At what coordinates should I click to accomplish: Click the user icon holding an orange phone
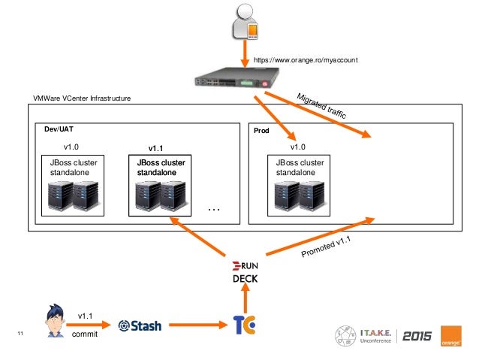[x=245, y=22]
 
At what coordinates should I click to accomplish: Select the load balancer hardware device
[x=237, y=77]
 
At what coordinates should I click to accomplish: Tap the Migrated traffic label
[x=321, y=106]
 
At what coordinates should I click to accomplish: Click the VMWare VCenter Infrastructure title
[x=82, y=98]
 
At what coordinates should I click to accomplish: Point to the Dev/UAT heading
[x=59, y=129]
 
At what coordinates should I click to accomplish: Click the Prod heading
[x=261, y=131]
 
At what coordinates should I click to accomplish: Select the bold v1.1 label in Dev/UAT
[x=155, y=149]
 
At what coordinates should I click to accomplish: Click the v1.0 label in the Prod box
[x=298, y=147]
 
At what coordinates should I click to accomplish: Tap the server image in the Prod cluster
[x=299, y=196]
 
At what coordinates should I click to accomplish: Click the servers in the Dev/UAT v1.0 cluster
[x=74, y=196]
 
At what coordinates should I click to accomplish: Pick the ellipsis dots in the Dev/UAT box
[x=214, y=210]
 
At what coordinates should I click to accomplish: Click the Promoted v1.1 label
[x=326, y=247]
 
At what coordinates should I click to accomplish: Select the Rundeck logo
[x=245, y=272]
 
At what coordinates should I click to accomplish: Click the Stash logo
[x=140, y=325]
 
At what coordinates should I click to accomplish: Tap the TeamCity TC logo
[x=244, y=325]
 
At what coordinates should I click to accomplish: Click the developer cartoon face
[x=56, y=321]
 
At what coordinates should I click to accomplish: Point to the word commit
[x=85, y=334]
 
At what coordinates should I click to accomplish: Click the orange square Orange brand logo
[x=451, y=336]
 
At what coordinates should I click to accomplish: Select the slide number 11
[x=20, y=334]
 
